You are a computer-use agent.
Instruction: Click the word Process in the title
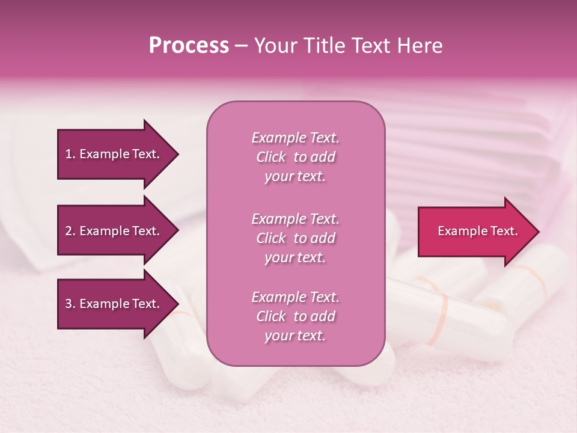coord(189,46)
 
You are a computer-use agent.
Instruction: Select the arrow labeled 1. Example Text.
coord(114,154)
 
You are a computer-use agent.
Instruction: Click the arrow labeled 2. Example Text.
coord(114,231)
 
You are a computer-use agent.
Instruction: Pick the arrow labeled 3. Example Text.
coord(114,304)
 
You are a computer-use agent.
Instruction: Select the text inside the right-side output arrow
coord(477,231)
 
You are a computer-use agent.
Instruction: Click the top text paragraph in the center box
coord(295,157)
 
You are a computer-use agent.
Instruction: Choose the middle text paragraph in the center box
coord(295,238)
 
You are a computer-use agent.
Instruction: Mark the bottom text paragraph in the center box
coord(295,316)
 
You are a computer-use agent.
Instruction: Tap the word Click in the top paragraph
coord(271,157)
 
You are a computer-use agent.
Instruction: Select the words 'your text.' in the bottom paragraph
coord(295,336)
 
